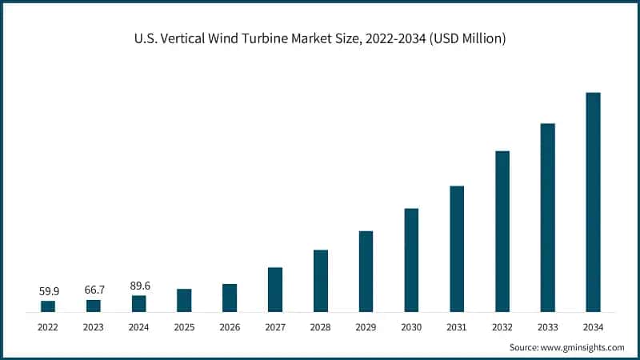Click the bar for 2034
coord(593,202)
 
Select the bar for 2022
coord(48,306)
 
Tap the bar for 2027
coord(275,289)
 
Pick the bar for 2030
coord(411,259)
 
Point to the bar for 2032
coord(502,230)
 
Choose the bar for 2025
coord(184,300)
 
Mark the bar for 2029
coord(366,270)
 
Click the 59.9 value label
coord(48,291)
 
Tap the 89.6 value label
coord(139,286)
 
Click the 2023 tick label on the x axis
coord(94,326)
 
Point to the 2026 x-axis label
coord(230,326)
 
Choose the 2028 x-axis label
coord(320,326)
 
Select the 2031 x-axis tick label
coord(457,326)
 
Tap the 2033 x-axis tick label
coord(547,326)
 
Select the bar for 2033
coord(547,217)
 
